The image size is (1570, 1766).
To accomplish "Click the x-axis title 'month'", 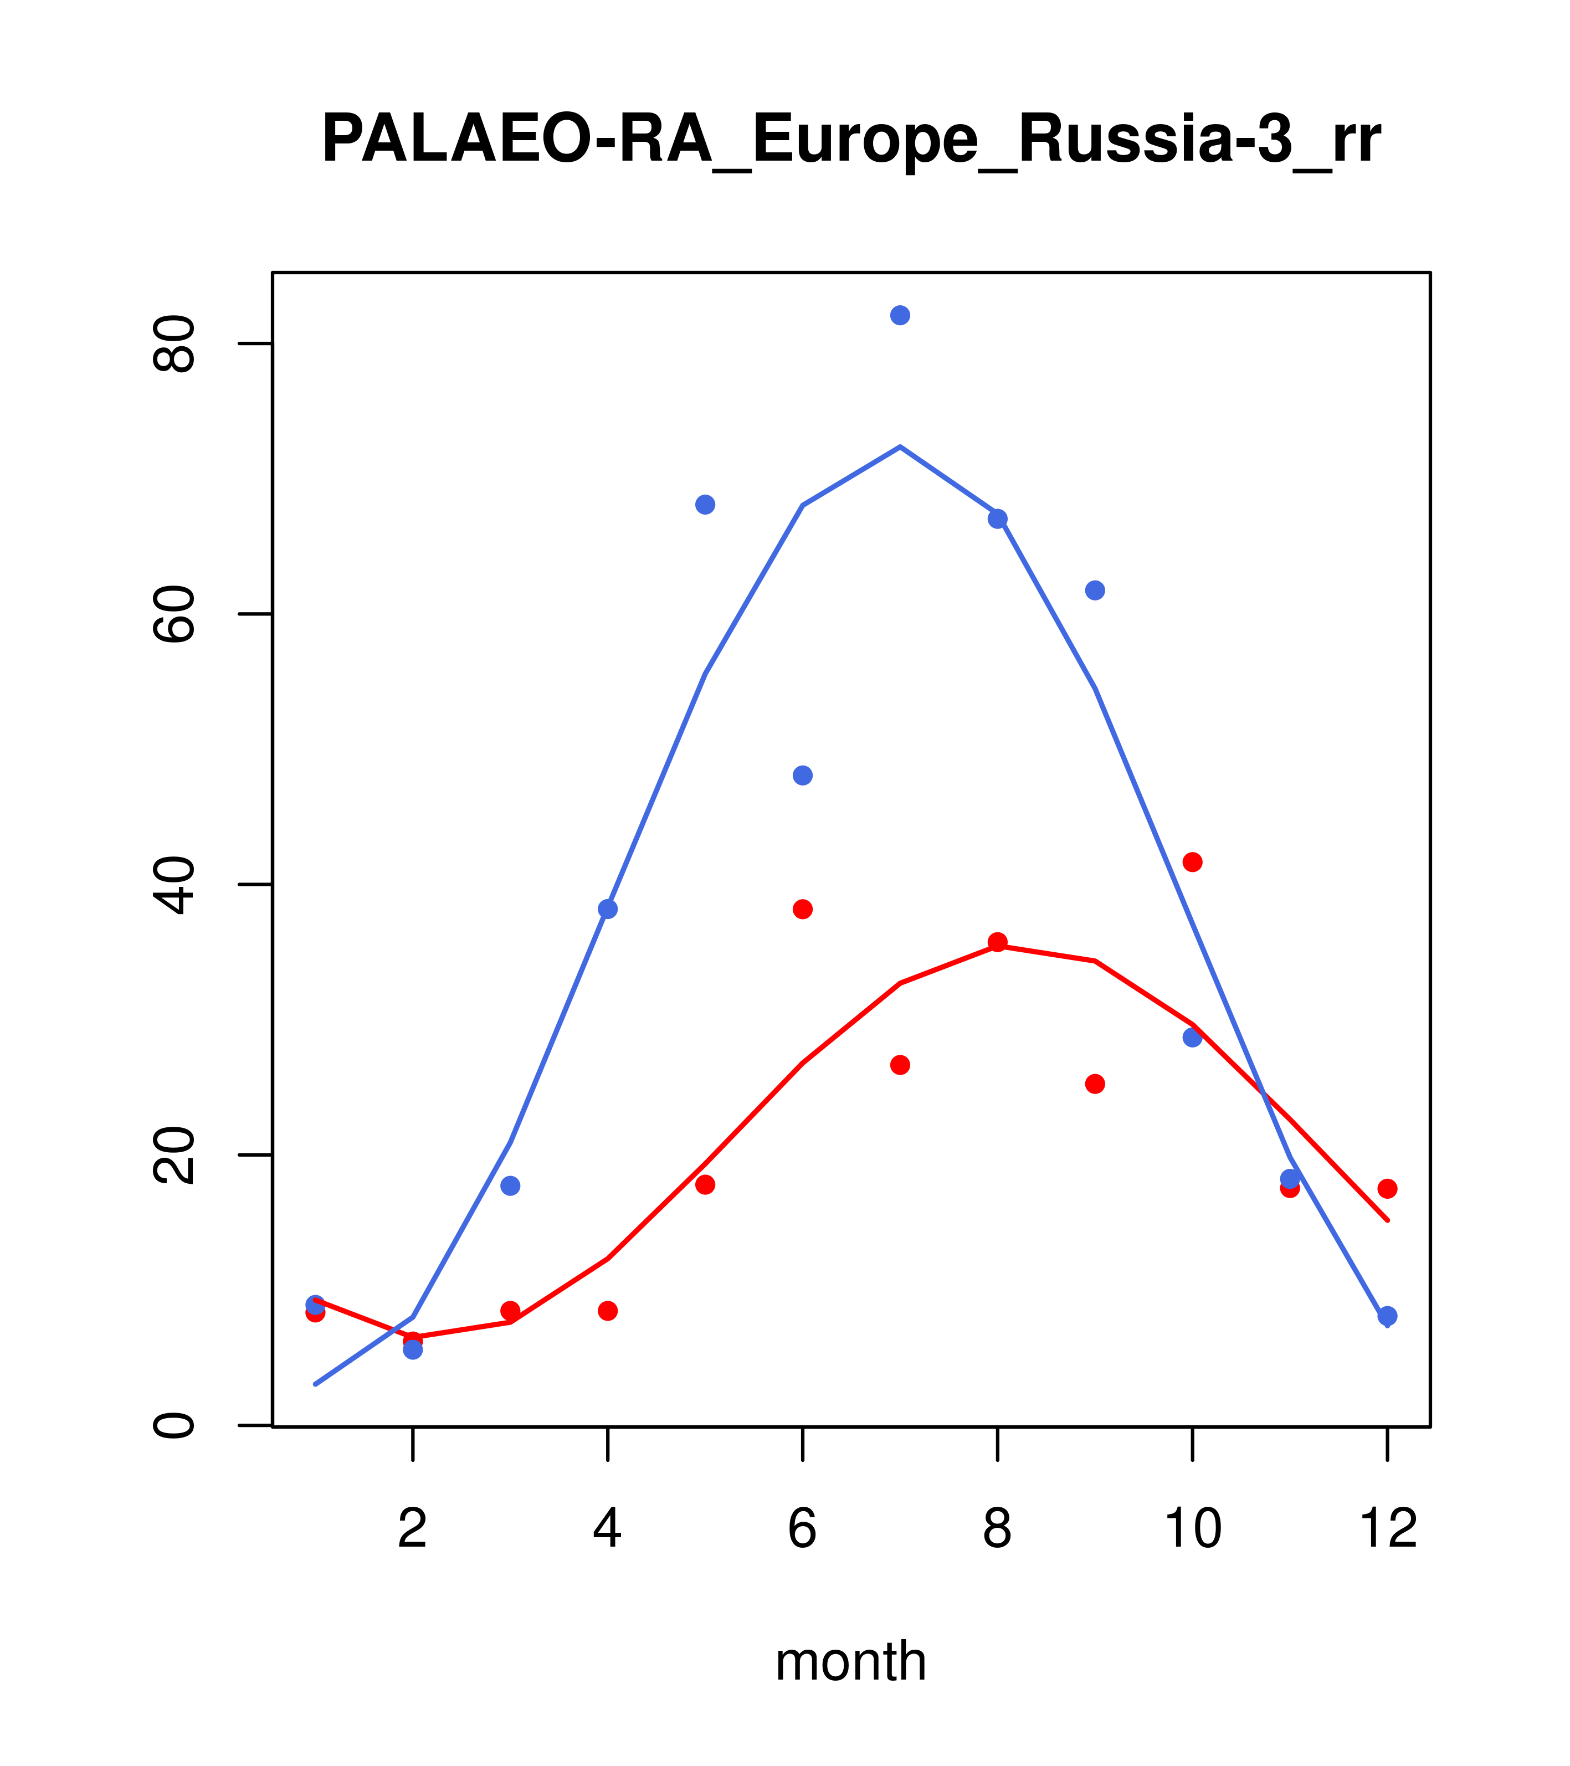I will click(x=850, y=1661).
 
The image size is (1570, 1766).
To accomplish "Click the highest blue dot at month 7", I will click(x=900, y=315).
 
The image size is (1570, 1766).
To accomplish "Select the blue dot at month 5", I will click(x=705, y=505).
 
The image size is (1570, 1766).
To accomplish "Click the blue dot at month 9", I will click(x=1095, y=590).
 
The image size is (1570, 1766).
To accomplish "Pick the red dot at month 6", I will click(x=803, y=909).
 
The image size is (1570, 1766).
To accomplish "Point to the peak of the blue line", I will click(x=900, y=446).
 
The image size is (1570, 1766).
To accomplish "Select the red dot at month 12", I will click(x=1388, y=1189).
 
